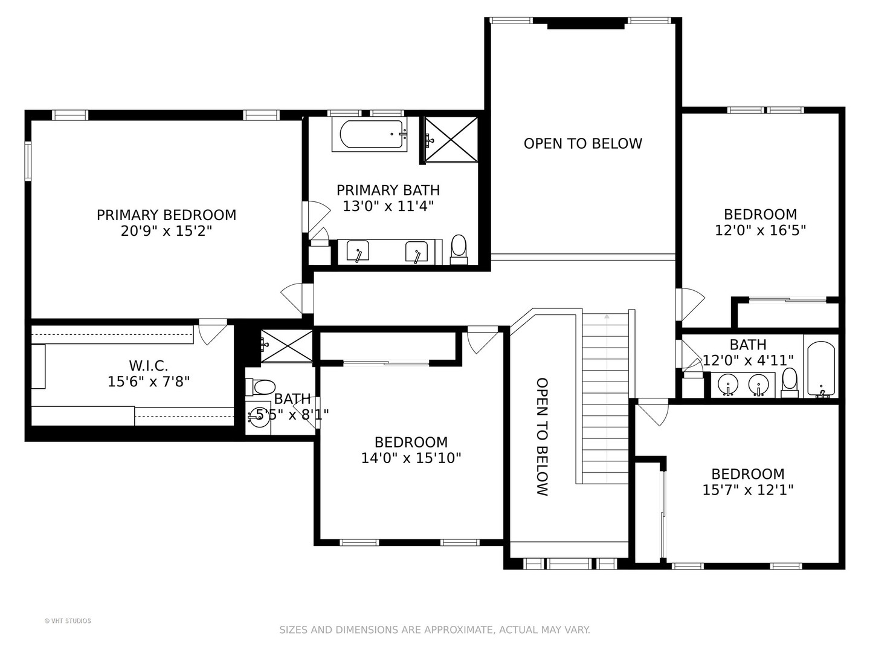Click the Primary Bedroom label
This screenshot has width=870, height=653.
click(167, 215)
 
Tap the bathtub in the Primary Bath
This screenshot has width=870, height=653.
click(369, 135)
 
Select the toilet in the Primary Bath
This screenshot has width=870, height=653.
click(459, 249)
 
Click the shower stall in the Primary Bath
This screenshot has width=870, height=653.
click(451, 140)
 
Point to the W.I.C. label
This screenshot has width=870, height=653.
click(148, 366)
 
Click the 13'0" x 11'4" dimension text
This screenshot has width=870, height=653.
click(388, 206)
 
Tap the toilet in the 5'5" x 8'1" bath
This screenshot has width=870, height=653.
click(260, 387)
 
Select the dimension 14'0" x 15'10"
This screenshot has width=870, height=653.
click(411, 458)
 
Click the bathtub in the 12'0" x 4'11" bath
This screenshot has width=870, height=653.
click(821, 369)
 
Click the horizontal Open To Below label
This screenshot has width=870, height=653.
click(582, 143)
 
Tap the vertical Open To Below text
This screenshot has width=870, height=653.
click(542, 437)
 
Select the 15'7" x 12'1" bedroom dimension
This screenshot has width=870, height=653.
click(748, 490)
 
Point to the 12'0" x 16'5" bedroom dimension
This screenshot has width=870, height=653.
click(760, 230)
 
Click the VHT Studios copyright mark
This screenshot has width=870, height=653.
click(68, 621)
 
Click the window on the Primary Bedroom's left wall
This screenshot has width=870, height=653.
click(28, 161)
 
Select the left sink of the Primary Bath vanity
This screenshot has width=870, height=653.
click(358, 251)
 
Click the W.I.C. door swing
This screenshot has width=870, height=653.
click(213, 334)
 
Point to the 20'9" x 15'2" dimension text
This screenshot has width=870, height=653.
click(167, 231)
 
